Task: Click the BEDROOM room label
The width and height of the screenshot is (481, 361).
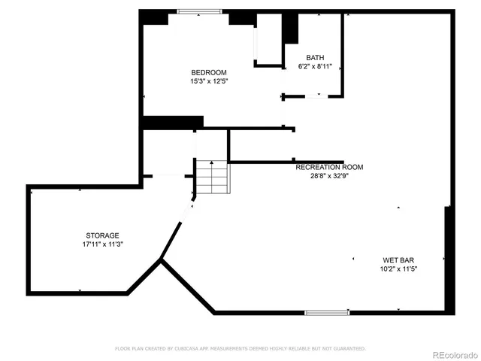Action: click(x=208, y=72)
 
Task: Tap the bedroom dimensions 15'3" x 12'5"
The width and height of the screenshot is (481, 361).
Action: click(x=208, y=80)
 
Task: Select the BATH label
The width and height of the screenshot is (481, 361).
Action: click(x=315, y=58)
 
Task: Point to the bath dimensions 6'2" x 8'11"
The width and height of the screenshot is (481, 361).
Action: click(x=315, y=66)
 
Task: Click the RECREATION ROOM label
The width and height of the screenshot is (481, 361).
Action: click(x=329, y=167)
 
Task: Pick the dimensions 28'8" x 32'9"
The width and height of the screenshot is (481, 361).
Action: click(x=329, y=176)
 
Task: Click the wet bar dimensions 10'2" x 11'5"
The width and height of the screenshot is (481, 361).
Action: click(x=399, y=268)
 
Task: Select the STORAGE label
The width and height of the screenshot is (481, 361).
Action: click(x=102, y=235)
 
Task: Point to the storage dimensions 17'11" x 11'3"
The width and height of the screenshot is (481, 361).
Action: click(x=102, y=244)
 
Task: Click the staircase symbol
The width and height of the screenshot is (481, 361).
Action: click(x=213, y=179)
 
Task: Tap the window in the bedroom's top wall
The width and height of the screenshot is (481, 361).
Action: click(x=199, y=11)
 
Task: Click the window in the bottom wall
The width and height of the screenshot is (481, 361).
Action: click(x=327, y=311)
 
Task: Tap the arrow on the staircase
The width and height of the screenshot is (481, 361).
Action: click(x=213, y=163)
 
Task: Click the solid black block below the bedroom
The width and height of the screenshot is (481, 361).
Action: click(x=173, y=122)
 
